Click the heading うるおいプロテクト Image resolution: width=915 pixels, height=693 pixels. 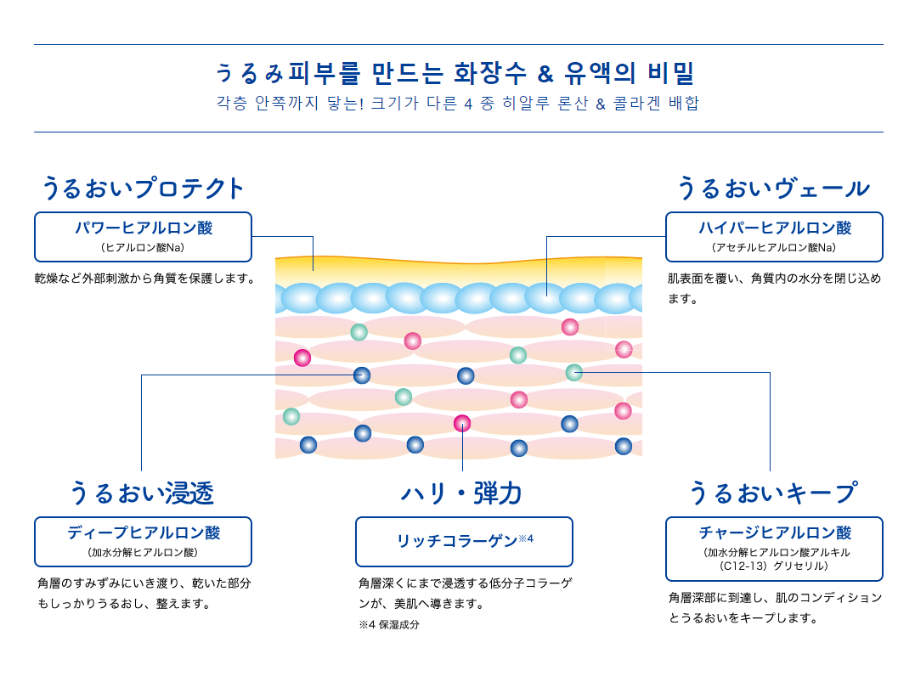(x=143, y=188)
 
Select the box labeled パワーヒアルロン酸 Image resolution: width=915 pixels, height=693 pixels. (x=143, y=236)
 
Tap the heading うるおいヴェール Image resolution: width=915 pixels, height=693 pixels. (x=773, y=188)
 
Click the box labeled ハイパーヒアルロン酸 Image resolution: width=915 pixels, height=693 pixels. (x=774, y=236)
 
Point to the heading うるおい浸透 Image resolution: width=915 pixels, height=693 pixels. (x=142, y=493)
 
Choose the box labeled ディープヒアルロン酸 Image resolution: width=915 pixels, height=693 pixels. (x=143, y=541)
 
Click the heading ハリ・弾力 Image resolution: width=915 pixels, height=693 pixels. (x=461, y=493)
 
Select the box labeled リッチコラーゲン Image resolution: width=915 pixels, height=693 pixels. (x=464, y=541)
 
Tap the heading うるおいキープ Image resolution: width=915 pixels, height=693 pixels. (x=772, y=493)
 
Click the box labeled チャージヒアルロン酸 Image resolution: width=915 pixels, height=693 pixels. (x=774, y=548)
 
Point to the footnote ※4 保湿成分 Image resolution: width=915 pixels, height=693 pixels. (x=389, y=624)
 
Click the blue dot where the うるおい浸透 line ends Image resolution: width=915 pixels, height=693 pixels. (x=362, y=375)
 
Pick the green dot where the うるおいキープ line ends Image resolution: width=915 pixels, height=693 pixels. (x=574, y=372)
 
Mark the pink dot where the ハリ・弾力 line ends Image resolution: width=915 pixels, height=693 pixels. (x=462, y=423)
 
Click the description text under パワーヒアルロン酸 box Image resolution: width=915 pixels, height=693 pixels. (x=145, y=278)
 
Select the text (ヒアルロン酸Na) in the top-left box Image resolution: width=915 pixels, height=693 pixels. (x=143, y=247)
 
